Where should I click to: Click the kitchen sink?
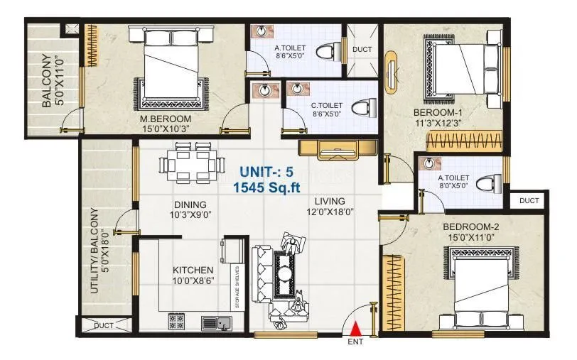216,322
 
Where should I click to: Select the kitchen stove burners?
176,322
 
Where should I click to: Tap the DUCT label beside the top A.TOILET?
362,49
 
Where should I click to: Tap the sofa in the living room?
264,273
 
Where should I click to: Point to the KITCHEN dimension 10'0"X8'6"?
193,282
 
